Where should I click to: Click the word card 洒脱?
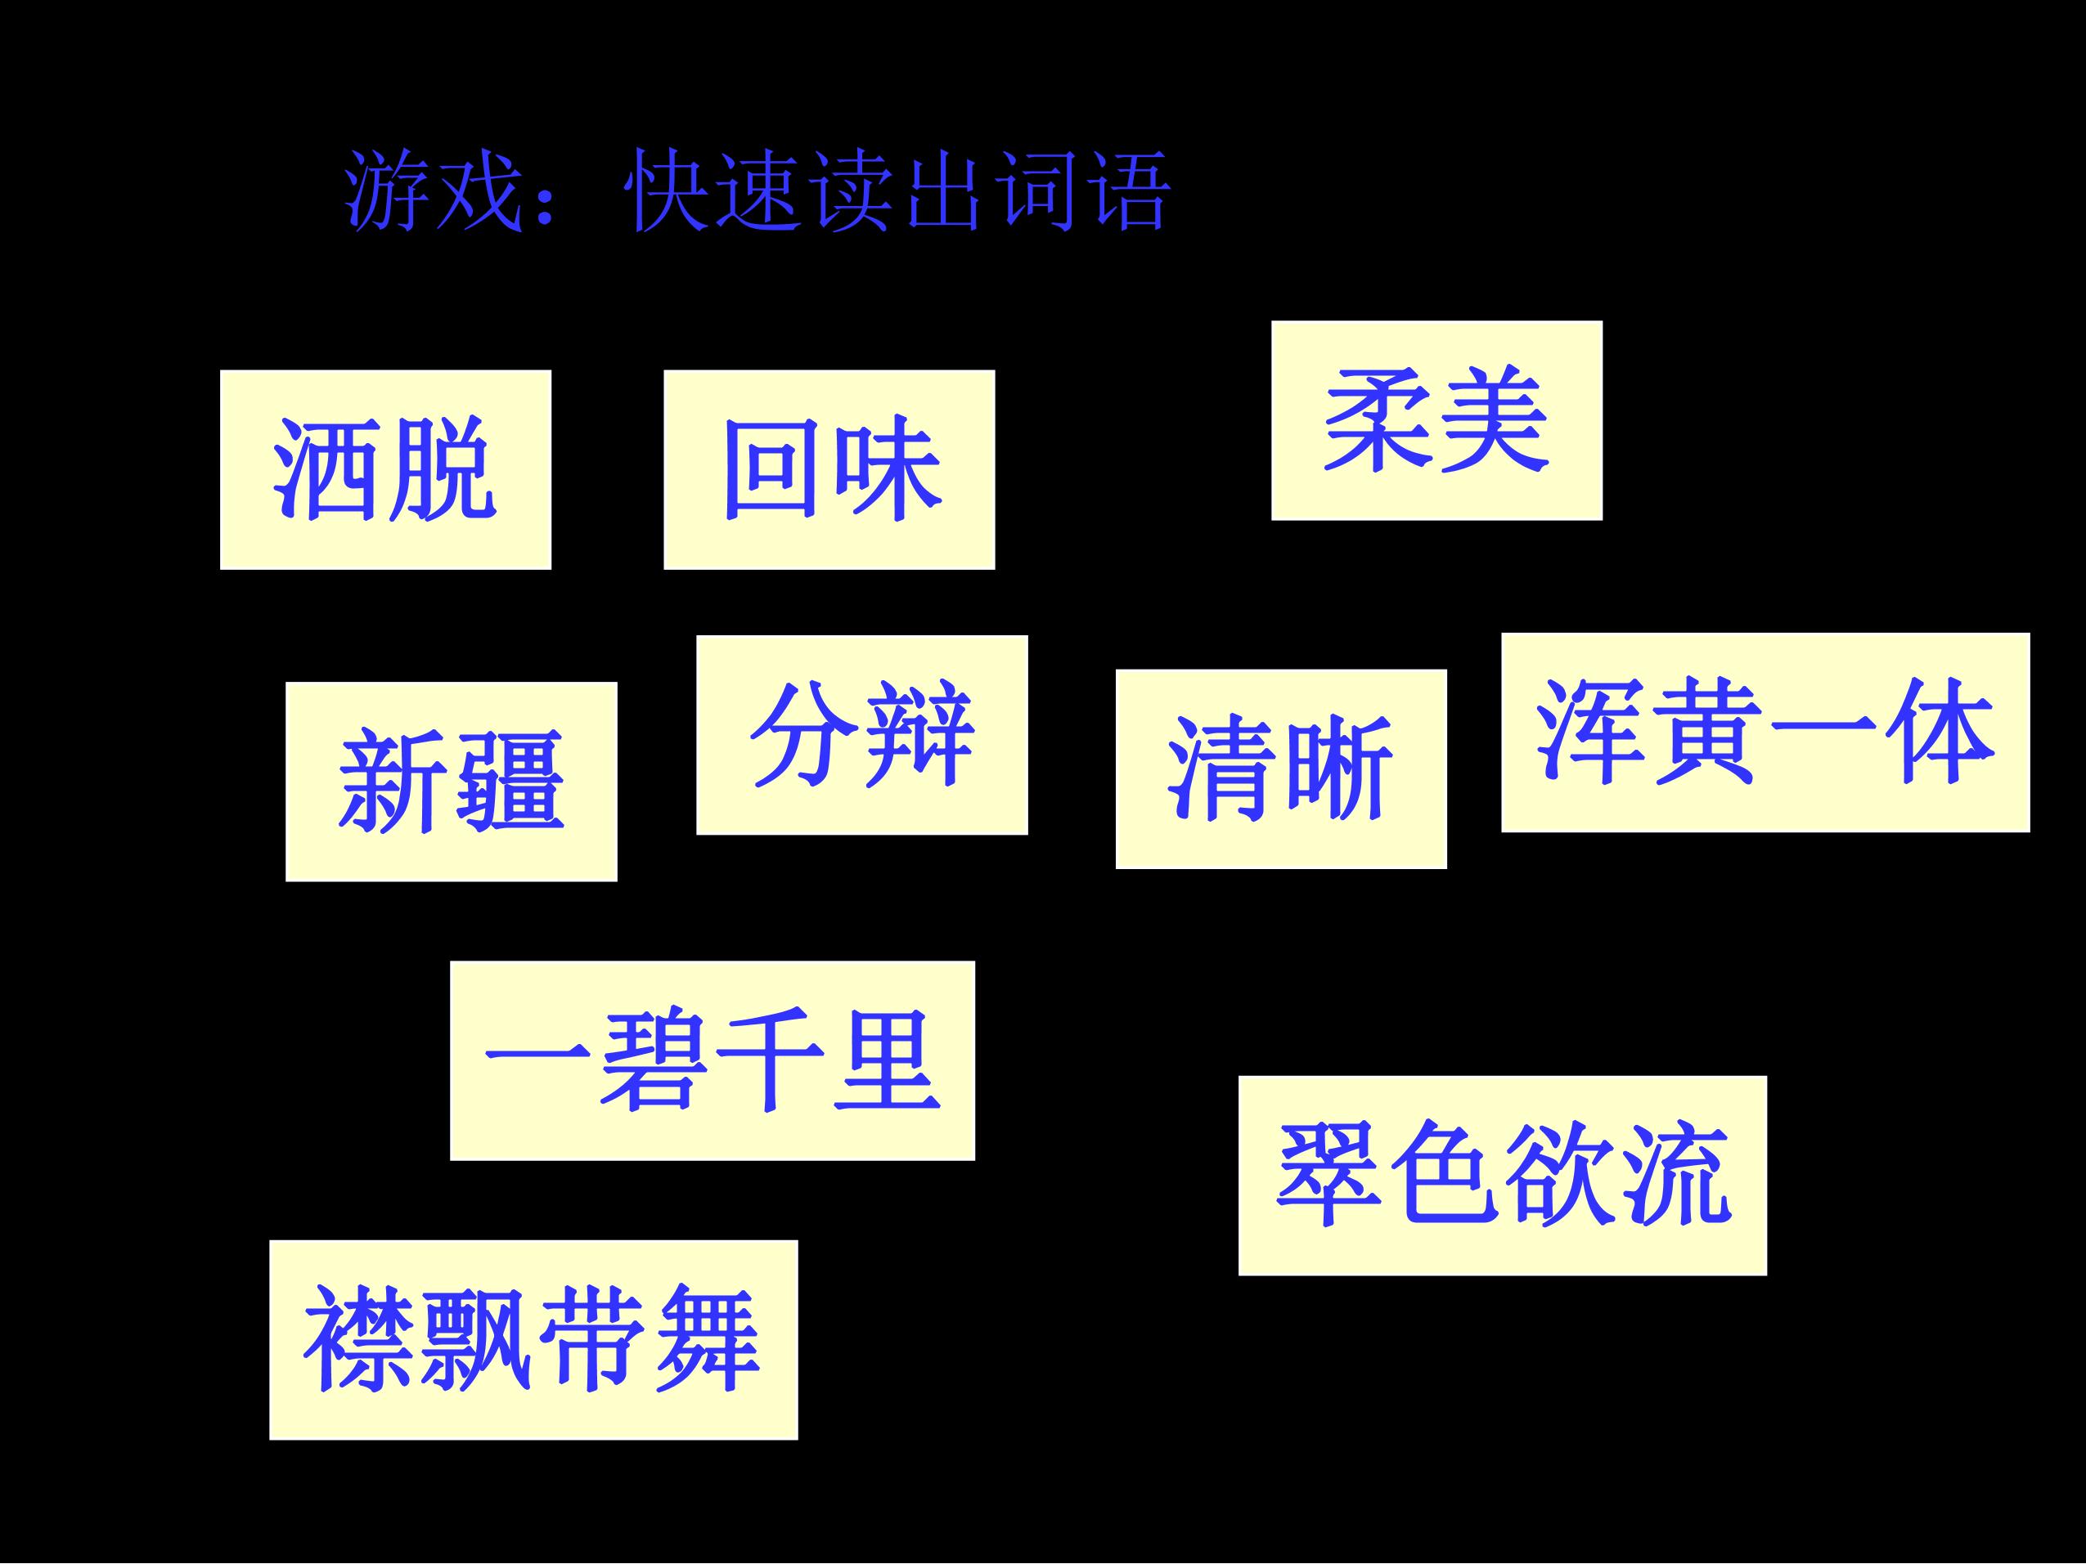pyautogui.click(x=385, y=469)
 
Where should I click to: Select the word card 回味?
pyautogui.click(x=829, y=469)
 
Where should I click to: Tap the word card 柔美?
pyautogui.click(x=1436, y=420)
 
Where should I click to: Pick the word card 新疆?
pyautogui.click(x=452, y=782)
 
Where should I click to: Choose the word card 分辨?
pyautogui.click(x=862, y=735)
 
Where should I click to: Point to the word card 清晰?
pyautogui.click(x=1281, y=769)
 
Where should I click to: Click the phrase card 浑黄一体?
pyautogui.click(x=1765, y=733)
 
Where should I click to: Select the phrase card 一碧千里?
pyautogui.click(x=712, y=1060)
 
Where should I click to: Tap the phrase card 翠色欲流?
pyautogui.click(x=1502, y=1176)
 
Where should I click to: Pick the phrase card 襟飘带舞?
pyautogui.click(x=533, y=1340)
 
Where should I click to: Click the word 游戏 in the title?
pyautogui.click(x=433, y=190)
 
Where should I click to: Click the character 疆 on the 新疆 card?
pyautogui.click(x=510, y=782)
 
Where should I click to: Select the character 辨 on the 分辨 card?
pyautogui.click(x=919, y=735)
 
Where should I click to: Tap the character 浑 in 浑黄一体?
pyautogui.click(x=1592, y=733)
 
